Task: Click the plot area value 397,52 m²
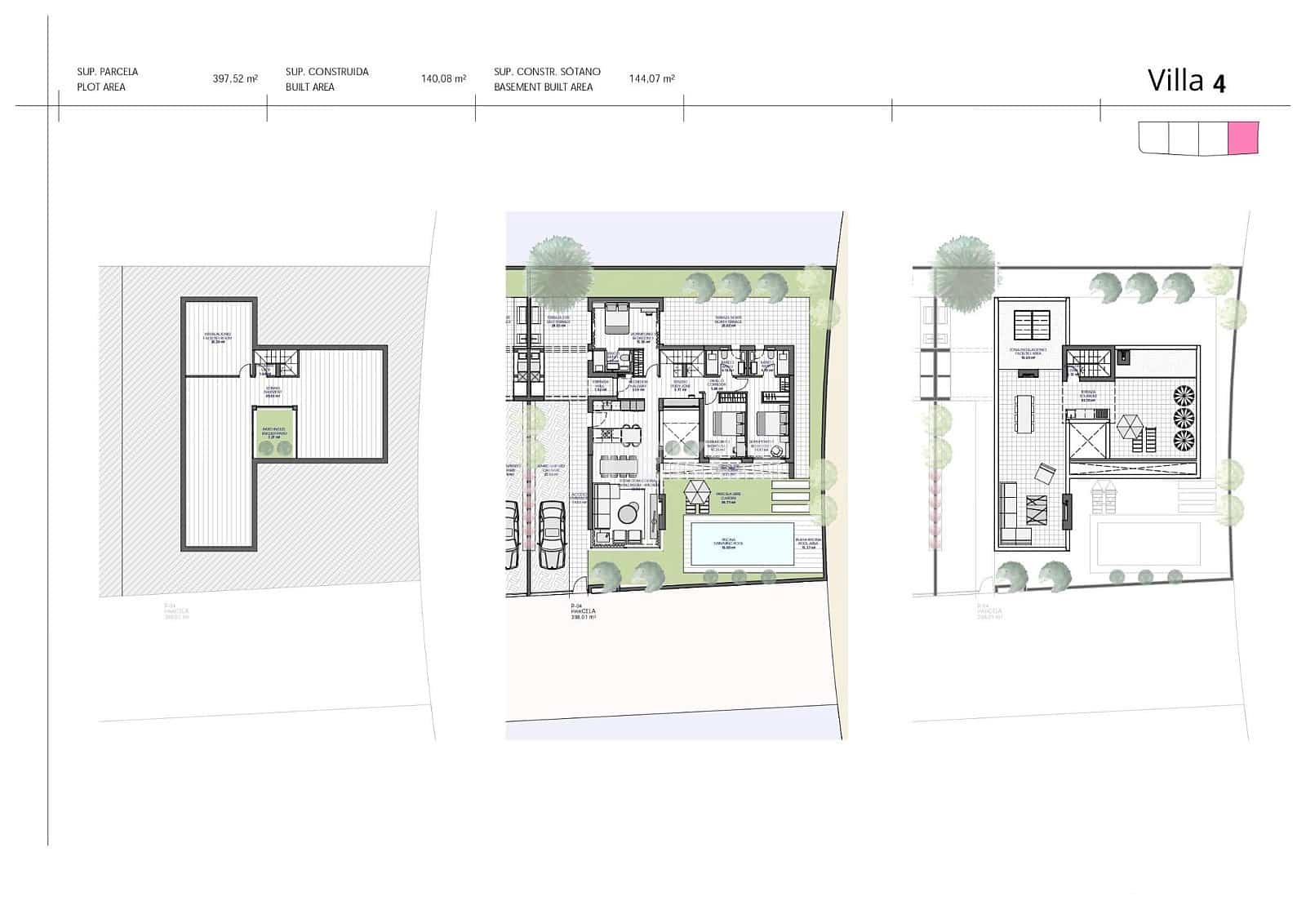click(235, 79)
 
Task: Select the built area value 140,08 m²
click(443, 79)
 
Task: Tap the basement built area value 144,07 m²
click(651, 79)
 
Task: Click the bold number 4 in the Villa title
click(1219, 83)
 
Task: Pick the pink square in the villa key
click(1243, 138)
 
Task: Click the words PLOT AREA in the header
click(101, 87)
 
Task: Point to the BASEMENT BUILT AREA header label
click(543, 87)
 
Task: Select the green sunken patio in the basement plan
click(273, 433)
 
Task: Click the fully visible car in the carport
click(553, 535)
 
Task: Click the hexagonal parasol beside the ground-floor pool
click(698, 492)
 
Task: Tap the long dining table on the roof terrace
click(1024, 414)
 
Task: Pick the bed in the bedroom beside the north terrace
click(615, 316)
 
